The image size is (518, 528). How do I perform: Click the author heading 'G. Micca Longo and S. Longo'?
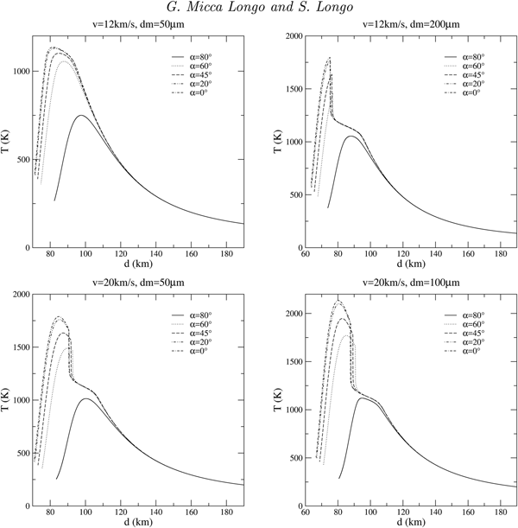259,10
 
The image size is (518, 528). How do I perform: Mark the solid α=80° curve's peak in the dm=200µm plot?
351,136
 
